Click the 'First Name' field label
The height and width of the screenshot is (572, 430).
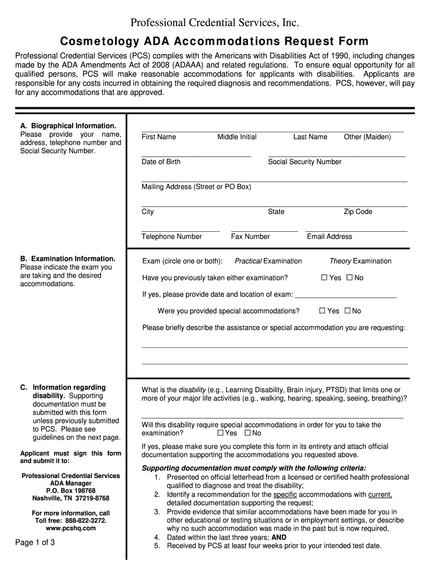[159, 137]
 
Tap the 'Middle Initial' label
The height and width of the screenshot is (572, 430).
[237, 137]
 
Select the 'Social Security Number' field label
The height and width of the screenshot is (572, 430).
[304, 162]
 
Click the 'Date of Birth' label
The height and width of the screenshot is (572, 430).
[161, 162]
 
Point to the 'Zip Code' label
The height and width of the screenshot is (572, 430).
[357, 212]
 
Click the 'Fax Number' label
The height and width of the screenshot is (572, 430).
[250, 237]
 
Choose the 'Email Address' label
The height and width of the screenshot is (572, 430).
[329, 237]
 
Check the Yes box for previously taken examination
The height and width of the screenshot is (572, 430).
[324, 278]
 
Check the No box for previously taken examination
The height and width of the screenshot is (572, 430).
[350, 278]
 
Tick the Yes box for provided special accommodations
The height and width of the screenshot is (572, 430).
[322, 311]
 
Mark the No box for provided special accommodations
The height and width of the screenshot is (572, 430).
[347, 311]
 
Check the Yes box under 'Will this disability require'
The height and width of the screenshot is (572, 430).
[221, 433]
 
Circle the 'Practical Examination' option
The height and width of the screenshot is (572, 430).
[268, 261]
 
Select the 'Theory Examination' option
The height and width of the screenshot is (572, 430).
[360, 261]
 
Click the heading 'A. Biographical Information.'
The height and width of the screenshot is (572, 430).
[68, 126]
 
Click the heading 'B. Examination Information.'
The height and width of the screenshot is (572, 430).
[68, 259]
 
